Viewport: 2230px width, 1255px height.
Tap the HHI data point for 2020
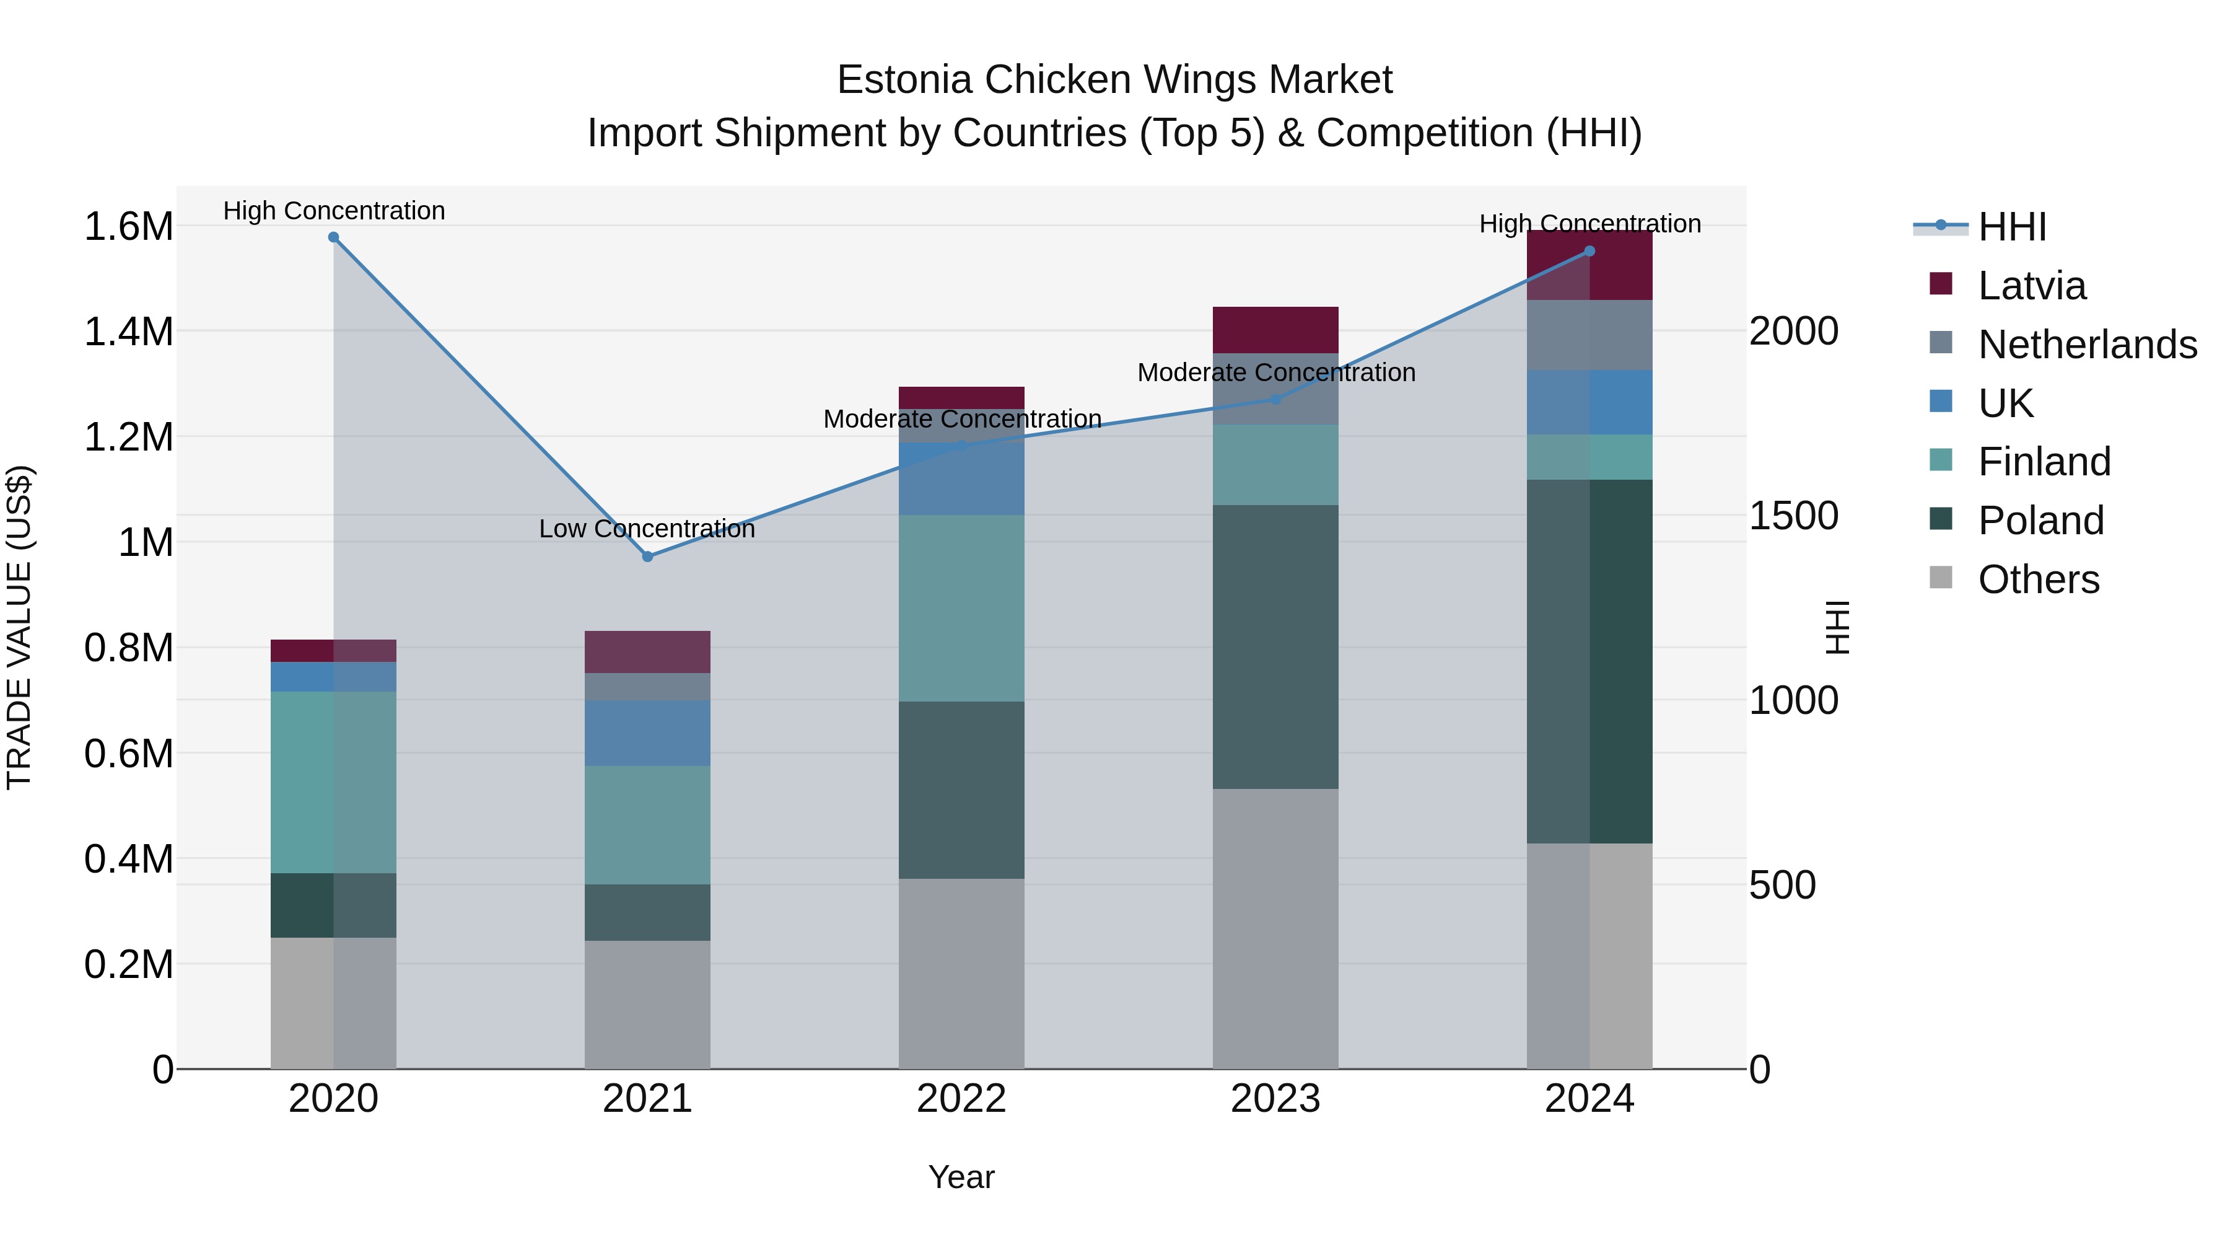click(x=333, y=237)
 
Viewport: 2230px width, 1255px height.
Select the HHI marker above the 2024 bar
click(x=1589, y=251)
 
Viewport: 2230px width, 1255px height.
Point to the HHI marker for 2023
click(x=1275, y=399)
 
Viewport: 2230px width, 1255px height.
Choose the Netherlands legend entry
click(x=2086, y=345)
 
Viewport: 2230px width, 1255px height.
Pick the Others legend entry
click(x=2038, y=579)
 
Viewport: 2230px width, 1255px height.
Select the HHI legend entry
click(x=2011, y=227)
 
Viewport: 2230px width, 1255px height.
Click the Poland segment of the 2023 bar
click(x=1275, y=646)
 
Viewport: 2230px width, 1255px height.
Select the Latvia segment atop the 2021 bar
click(x=647, y=651)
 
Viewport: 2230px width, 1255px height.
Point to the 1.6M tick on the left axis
click(x=128, y=227)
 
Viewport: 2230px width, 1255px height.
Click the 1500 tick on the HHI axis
click(x=1793, y=516)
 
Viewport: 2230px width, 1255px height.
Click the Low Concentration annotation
click(x=647, y=528)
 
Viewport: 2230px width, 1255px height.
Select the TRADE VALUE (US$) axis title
click(x=19, y=627)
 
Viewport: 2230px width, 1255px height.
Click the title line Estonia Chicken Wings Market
click(x=1114, y=80)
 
